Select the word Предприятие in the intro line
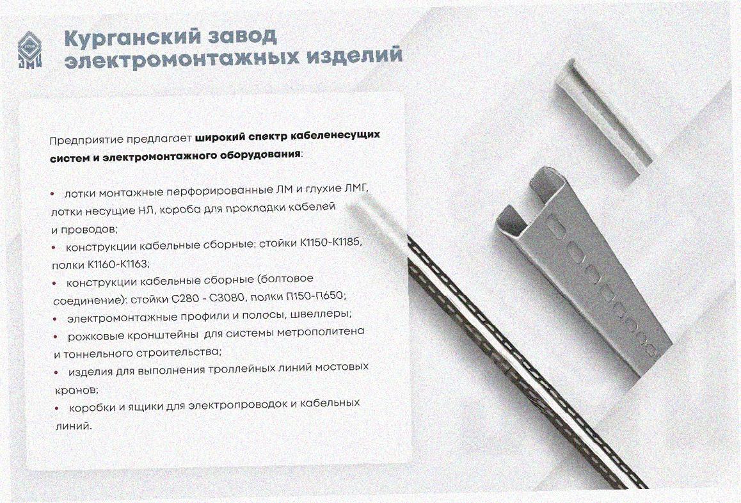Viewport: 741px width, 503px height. (x=80, y=140)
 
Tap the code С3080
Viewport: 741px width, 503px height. (x=227, y=298)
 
